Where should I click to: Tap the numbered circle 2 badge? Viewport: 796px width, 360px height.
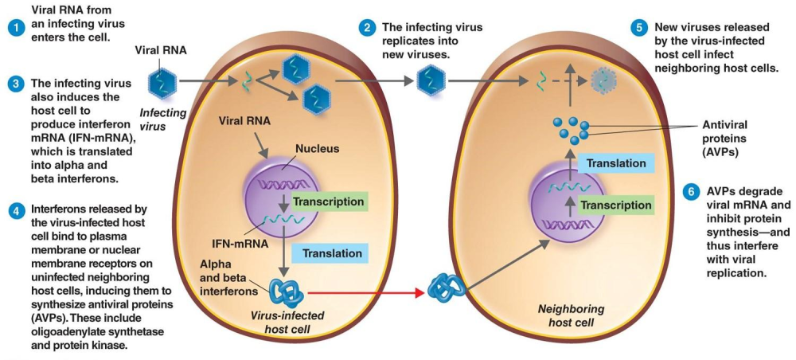[367, 28]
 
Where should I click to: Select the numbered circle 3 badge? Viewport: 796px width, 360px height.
[14, 84]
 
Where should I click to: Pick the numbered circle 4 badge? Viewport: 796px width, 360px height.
[14, 210]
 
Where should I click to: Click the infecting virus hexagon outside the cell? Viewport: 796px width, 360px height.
[164, 80]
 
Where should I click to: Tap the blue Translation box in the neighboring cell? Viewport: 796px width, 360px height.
[615, 163]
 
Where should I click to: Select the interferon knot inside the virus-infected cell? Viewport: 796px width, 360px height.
[287, 292]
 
